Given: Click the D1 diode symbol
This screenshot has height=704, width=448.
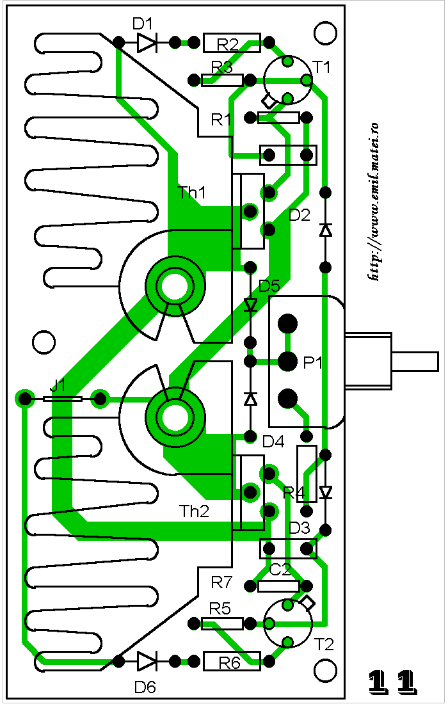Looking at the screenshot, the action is pyautogui.click(x=147, y=43).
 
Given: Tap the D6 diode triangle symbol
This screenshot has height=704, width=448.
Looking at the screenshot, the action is pyautogui.click(x=147, y=661).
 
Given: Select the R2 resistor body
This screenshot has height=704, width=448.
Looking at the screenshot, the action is pyautogui.click(x=232, y=43).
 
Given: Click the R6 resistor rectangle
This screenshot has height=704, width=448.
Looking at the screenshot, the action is pyautogui.click(x=232, y=661).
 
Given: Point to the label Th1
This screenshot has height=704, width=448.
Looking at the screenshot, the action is pyautogui.click(x=192, y=193).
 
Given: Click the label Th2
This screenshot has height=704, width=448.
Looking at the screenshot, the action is pyautogui.click(x=194, y=511).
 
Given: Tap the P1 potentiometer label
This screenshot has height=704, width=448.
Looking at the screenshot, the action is pyautogui.click(x=313, y=362).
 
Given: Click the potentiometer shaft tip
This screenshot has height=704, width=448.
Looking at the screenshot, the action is pyautogui.click(x=436, y=362).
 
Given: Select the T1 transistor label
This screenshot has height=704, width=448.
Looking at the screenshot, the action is pyautogui.click(x=322, y=67).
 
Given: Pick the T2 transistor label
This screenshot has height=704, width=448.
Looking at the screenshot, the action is pyautogui.click(x=324, y=644).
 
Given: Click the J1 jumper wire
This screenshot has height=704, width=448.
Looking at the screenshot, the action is pyautogui.click(x=63, y=399).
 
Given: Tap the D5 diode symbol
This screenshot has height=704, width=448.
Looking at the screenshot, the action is pyautogui.click(x=250, y=305).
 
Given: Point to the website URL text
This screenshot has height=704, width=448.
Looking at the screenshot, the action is pyautogui.click(x=374, y=202).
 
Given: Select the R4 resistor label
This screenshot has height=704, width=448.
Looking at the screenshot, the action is pyautogui.click(x=294, y=493).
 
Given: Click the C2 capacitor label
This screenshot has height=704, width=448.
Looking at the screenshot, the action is pyautogui.click(x=280, y=570).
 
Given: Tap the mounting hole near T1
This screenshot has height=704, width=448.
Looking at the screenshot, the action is pyautogui.click(x=325, y=33).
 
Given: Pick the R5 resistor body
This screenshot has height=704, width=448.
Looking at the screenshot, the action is pyautogui.click(x=222, y=623).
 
